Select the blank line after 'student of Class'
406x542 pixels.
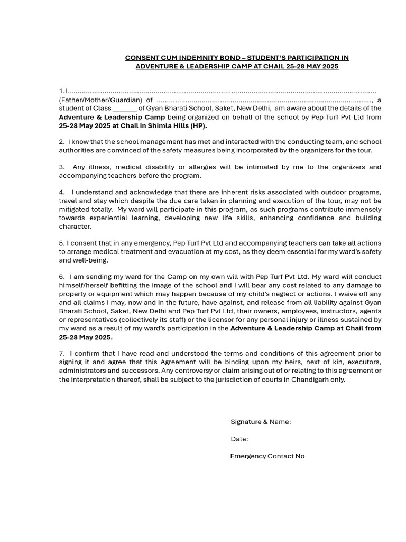125,109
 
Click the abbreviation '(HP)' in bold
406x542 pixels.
198,125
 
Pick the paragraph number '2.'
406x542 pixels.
62,142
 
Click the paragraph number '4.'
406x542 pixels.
62,192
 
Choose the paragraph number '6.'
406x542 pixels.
62,277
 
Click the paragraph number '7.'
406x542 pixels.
62,353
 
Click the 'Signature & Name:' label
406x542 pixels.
261,422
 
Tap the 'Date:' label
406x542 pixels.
239,439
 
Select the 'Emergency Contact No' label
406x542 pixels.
267,456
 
